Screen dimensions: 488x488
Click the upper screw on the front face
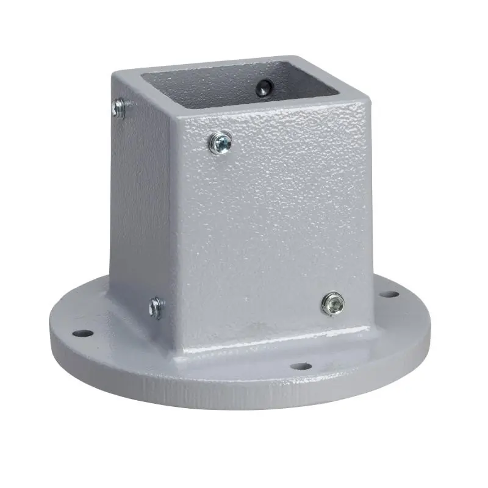(x=220, y=143)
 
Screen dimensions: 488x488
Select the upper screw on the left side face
(x=119, y=109)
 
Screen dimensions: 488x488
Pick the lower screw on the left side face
(x=157, y=307)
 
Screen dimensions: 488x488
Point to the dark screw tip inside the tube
(x=264, y=88)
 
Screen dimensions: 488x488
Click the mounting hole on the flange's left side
(x=82, y=334)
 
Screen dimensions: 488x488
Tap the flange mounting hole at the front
(x=300, y=367)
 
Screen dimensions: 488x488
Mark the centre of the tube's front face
(x=271, y=226)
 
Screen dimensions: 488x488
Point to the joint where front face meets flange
(x=268, y=345)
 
